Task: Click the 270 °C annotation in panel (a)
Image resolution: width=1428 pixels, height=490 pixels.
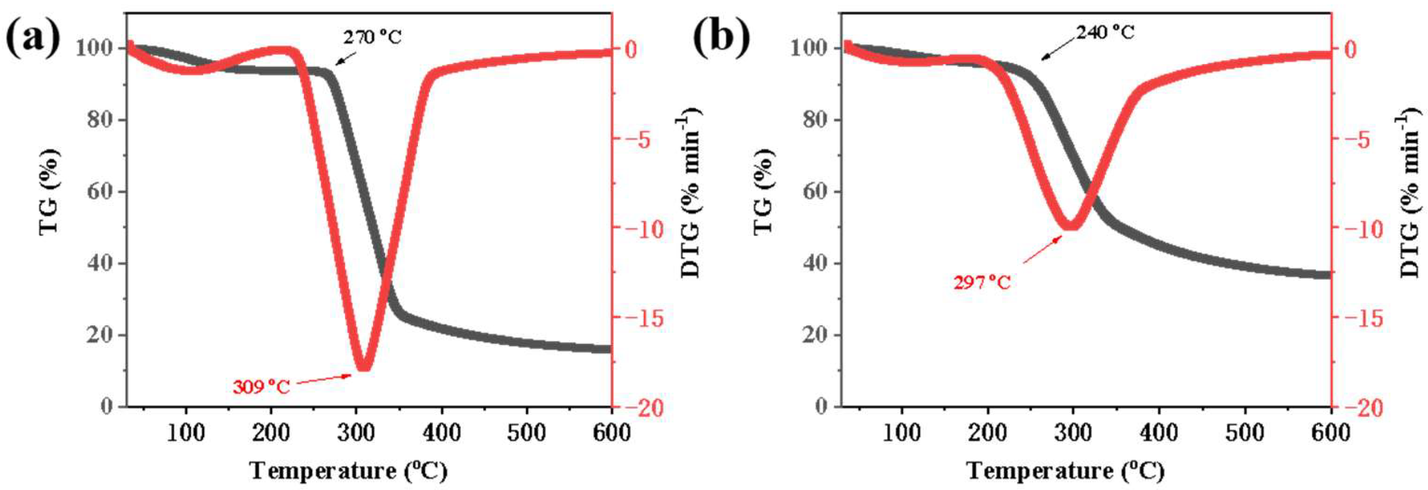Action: tap(371, 37)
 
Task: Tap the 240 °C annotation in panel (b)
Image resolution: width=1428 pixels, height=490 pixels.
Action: tap(1106, 33)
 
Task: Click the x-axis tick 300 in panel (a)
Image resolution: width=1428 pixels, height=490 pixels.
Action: tap(357, 432)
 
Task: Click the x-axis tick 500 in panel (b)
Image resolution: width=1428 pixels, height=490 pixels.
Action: tap(1245, 432)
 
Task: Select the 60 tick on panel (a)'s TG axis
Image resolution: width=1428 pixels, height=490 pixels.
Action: tap(101, 192)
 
